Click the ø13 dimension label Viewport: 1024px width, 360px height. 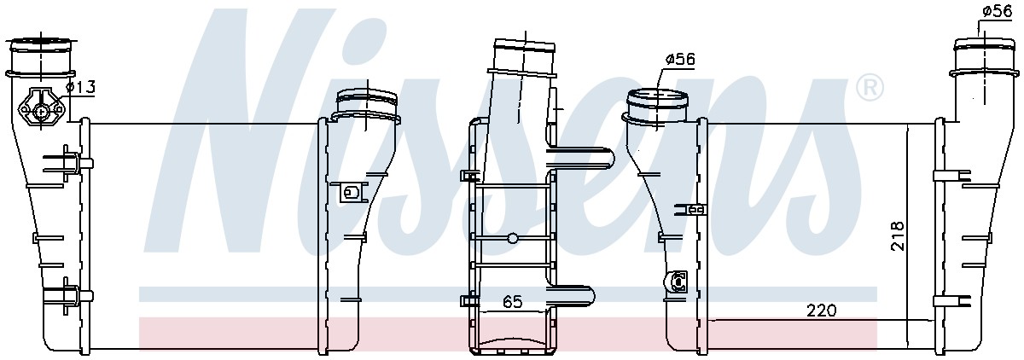pyautogui.click(x=81, y=86)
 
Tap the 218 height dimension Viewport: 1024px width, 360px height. pyautogui.click(x=898, y=235)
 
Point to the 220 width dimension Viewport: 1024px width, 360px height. pyautogui.click(x=821, y=311)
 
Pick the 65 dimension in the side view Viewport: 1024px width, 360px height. pyautogui.click(x=512, y=301)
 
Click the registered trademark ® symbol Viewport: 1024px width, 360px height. pyautogui.click(x=869, y=88)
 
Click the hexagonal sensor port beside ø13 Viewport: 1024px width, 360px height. pyautogui.click(x=42, y=108)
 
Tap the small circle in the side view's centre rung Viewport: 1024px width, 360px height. pyautogui.click(x=513, y=238)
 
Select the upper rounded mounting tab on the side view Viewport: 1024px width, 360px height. pyautogui.click(x=580, y=158)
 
